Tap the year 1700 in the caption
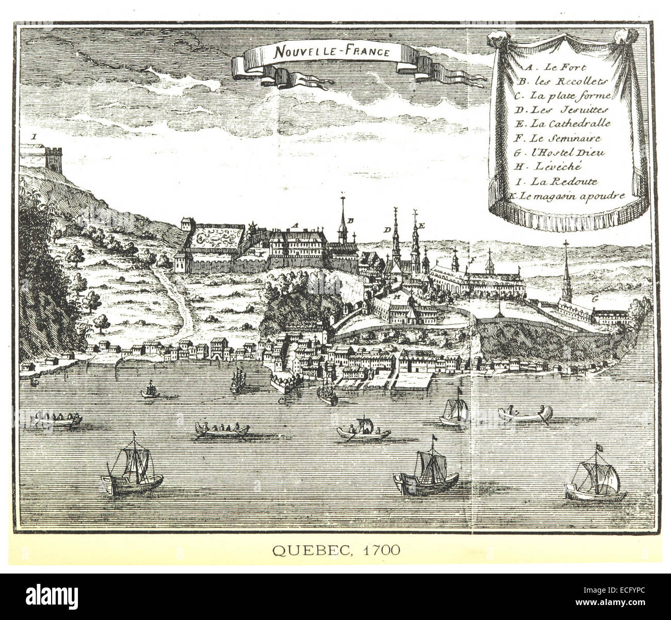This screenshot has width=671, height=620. coord(381,550)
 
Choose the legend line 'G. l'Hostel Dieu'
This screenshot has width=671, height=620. coord(560,152)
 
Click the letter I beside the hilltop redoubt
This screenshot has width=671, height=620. coord(34,137)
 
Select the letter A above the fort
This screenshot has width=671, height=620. coord(295,225)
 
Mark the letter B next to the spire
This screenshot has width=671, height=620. coord(351,220)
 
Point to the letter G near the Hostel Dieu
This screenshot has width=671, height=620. coord(595,299)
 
